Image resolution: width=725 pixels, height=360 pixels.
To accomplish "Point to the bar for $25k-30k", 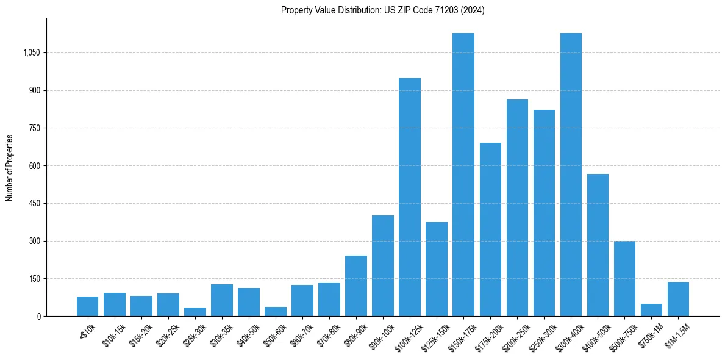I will pyautogui.click(x=195, y=312).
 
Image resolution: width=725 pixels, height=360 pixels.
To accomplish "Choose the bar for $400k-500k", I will pyautogui.click(x=598, y=245).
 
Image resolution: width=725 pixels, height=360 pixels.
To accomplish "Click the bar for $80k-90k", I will pyautogui.click(x=356, y=286).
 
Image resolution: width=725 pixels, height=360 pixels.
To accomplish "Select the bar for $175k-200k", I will pyautogui.click(x=490, y=229).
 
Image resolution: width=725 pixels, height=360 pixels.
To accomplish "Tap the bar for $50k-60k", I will pyautogui.click(x=276, y=311).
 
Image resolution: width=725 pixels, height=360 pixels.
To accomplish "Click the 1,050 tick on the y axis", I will pyautogui.click(x=31, y=53).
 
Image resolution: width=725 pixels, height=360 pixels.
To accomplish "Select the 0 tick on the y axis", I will pyautogui.click(x=39, y=316).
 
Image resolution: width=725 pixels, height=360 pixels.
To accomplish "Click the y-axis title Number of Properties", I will pyautogui.click(x=10, y=167).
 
